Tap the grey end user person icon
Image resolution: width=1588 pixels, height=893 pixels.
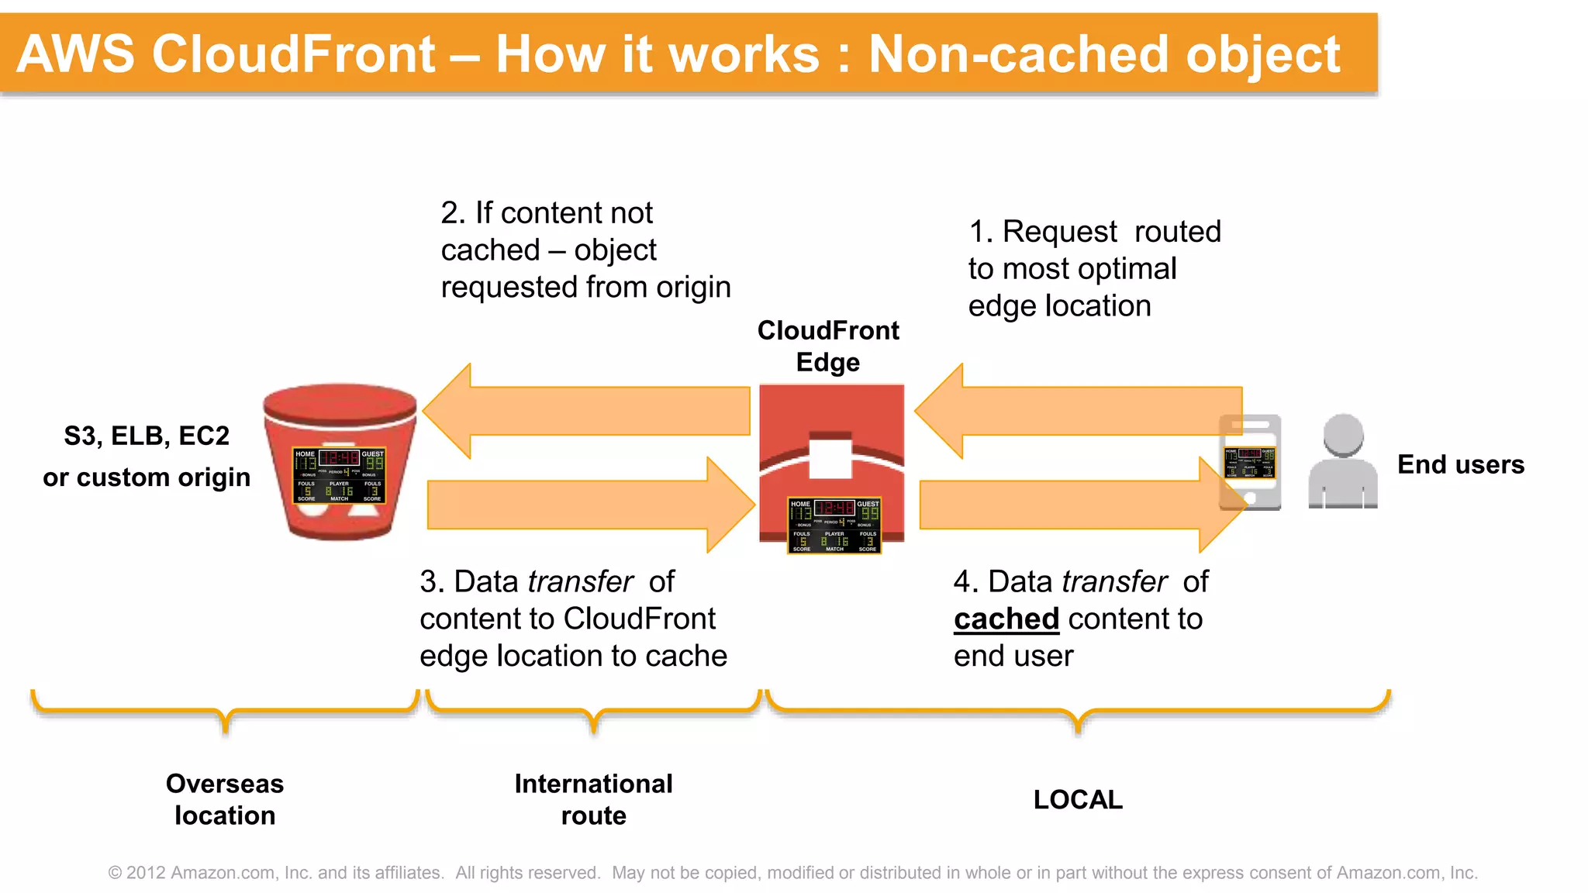1342,461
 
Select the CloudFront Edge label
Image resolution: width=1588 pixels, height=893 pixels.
828,346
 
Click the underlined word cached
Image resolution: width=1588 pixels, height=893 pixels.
1006,619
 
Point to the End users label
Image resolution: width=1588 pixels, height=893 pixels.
1460,464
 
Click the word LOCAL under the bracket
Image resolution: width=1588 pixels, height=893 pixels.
1078,799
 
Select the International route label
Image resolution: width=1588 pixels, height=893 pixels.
593,799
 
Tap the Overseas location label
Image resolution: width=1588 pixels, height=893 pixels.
225,799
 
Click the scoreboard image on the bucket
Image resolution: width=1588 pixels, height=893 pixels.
339,475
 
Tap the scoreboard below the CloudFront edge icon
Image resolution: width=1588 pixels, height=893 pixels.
834,526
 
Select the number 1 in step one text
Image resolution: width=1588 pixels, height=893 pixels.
977,232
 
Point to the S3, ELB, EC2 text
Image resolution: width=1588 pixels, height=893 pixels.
147,436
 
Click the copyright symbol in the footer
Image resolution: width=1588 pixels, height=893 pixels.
116,873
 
